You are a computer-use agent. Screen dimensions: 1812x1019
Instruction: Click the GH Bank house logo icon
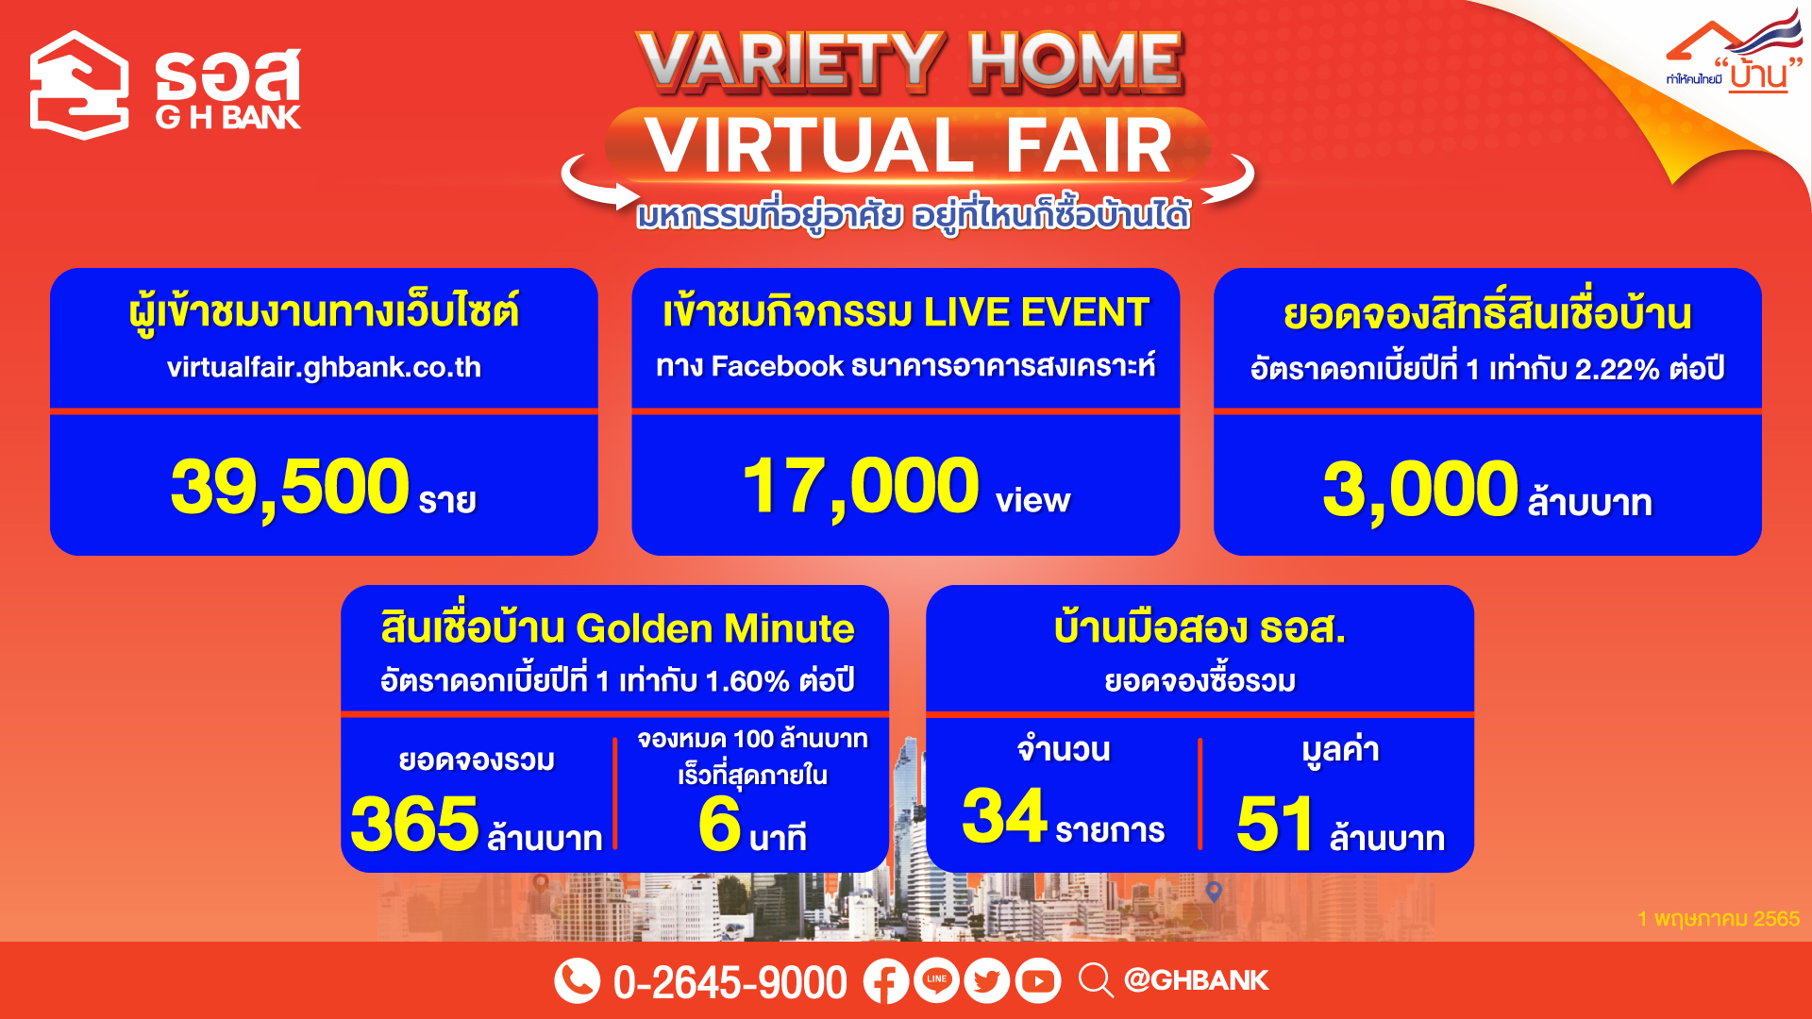pyautogui.click(x=79, y=85)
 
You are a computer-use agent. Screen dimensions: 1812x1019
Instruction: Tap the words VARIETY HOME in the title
pyautogui.click(x=910, y=62)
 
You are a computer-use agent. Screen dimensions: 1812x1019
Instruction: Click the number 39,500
pyautogui.click(x=290, y=487)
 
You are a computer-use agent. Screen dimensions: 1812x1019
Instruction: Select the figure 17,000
pyautogui.click(x=861, y=487)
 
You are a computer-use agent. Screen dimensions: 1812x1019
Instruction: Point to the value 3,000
pyautogui.click(x=1420, y=490)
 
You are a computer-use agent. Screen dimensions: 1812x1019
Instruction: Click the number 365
pyautogui.click(x=415, y=824)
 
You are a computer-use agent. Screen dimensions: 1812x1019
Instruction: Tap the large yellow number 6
pyautogui.click(x=720, y=824)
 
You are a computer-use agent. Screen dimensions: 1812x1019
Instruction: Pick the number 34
pyautogui.click(x=1005, y=815)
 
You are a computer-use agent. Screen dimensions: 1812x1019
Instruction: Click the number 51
pyautogui.click(x=1275, y=824)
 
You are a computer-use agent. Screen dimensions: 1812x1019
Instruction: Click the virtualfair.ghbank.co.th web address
pyautogui.click(x=324, y=367)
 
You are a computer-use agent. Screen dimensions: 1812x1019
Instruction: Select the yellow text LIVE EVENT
pyautogui.click(x=1036, y=312)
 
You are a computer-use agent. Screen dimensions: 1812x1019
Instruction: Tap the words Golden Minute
pyautogui.click(x=715, y=628)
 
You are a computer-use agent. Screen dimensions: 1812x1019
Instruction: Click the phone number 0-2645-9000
pyautogui.click(x=730, y=982)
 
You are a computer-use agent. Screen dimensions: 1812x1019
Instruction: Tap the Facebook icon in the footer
pyautogui.click(x=886, y=981)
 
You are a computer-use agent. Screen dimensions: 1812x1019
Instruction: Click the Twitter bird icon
pyautogui.click(x=987, y=981)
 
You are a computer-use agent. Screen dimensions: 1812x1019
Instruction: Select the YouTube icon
pyautogui.click(x=1038, y=981)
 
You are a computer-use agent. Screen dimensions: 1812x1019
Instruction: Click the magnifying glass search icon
pyautogui.click(x=1096, y=980)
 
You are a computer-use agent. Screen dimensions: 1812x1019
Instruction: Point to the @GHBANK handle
pyautogui.click(x=1197, y=980)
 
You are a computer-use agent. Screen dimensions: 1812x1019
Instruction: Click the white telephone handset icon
pyautogui.click(x=578, y=981)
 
